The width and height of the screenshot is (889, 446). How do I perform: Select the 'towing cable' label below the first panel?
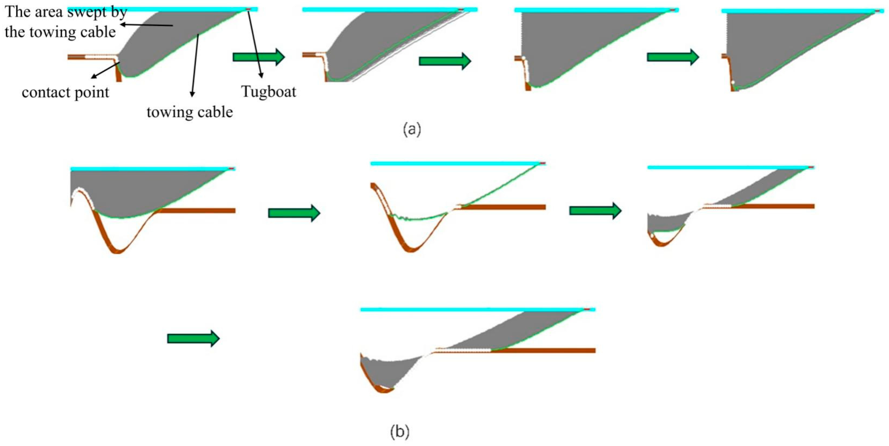189,112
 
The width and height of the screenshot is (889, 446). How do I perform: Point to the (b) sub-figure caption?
400,431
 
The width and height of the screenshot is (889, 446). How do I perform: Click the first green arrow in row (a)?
259,57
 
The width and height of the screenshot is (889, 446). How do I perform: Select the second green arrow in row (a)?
444,61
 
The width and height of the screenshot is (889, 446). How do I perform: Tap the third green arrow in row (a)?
673,57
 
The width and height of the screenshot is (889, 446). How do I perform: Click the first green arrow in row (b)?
294,213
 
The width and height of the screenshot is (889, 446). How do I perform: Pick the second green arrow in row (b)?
595,211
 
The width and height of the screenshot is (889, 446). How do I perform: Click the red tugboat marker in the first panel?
248,9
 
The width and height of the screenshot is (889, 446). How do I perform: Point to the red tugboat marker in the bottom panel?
587,309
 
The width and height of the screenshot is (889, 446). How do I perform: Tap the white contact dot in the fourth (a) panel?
733,82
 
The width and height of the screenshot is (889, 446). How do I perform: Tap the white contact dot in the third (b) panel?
652,235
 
